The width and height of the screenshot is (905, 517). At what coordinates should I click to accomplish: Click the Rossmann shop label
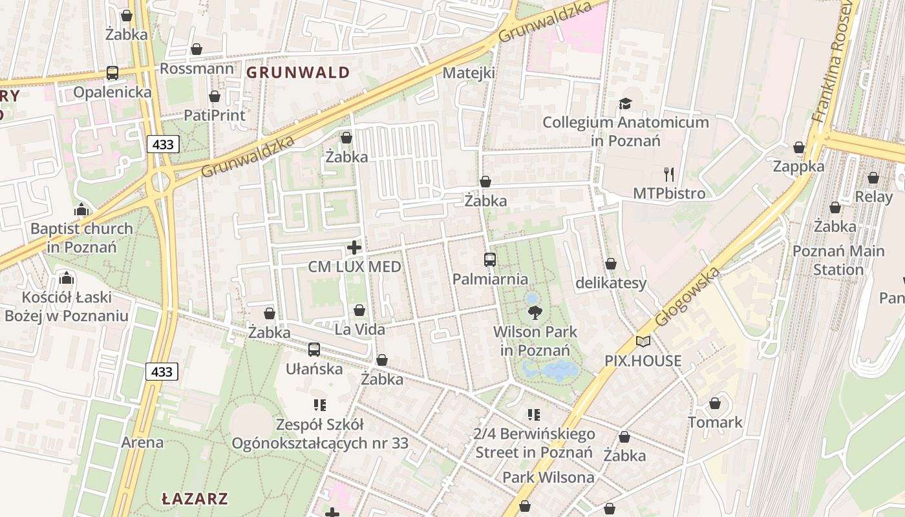pyautogui.click(x=197, y=69)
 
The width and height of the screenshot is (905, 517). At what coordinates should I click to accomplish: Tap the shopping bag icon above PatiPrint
pyautogui.click(x=215, y=97)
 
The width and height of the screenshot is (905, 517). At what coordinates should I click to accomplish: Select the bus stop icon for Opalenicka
pyautogui.click(x=112, y=73)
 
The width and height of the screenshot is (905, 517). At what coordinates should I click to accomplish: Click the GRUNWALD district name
pyautogui.click(x=298, y=72)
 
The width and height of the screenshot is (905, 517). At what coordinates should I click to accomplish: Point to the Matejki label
pyautogui.click(x=469, y=73)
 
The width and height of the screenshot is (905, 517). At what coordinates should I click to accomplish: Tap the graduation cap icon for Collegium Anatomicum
pyautogui.click(x=625, y=103)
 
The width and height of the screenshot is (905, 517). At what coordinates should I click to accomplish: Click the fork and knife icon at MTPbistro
pyautogui.click(x=669, y=174)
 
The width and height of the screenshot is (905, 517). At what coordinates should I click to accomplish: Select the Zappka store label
pyautogui.click(x=799, y=167)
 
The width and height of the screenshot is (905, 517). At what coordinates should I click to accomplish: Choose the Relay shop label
pyautogui.click(x=873, y=196)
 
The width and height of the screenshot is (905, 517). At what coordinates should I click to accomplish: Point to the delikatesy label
pyautogui.click(x=611, y=283)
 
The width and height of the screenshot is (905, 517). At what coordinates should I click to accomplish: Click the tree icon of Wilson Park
pyautogui.click(x=535, y=313)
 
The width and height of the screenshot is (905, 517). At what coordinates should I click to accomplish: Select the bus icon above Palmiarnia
pyautogui.click(x=490, y=260)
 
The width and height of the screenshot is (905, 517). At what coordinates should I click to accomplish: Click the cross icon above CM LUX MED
pyautogui.click(x=354, y=248)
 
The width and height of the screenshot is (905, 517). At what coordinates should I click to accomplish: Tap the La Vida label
pyautogui.click(x=359, y=330)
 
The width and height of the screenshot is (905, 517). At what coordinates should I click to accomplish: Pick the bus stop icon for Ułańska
pyautogui.click(x=314, y=350)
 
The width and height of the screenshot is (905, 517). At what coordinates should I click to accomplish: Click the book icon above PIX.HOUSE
pyautogui.click(x=643, y=341)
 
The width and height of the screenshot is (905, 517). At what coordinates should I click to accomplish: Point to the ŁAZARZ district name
pyautogui.click(x=195, y=499)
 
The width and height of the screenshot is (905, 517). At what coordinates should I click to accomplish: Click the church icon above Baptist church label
pyautogui.click(x=81, y=209)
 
